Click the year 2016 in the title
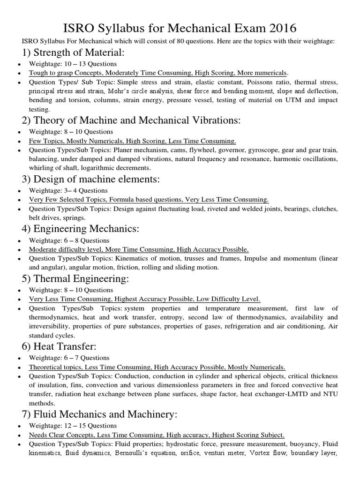click(x=278, y=23)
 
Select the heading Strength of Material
click(x=77, y=52)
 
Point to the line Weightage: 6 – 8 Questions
click(x=69, y=240)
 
